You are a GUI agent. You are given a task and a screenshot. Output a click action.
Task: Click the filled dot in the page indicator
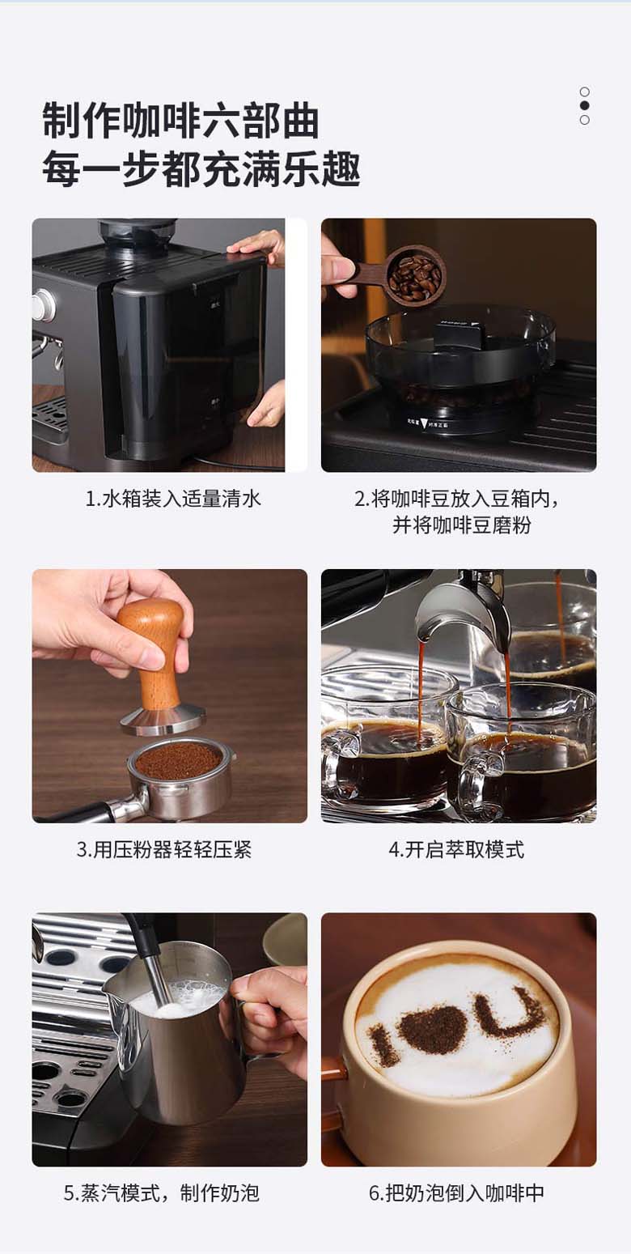point(585,105)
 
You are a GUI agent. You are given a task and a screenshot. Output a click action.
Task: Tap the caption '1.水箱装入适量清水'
point(173,499)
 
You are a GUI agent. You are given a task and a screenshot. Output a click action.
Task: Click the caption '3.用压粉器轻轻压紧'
point(164,849)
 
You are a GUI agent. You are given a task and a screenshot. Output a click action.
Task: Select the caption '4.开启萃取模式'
point(456,849)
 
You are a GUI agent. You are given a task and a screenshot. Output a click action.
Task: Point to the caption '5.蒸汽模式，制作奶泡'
point(163,1193)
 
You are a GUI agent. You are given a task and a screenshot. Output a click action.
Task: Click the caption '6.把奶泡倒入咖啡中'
point(456,1193)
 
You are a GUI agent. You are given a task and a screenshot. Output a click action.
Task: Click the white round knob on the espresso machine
point(41,306)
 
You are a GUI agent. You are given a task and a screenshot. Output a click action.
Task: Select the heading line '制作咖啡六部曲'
point(180,121)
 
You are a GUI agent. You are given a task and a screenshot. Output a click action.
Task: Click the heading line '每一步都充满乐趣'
point(201,168)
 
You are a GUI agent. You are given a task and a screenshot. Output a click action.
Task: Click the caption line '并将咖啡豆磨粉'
point(461,525)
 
